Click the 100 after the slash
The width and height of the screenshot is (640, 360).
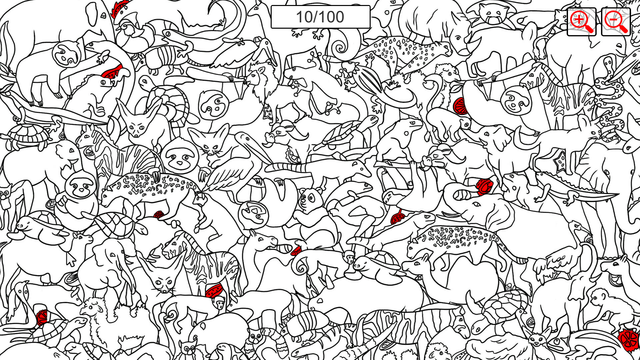click(x=332, y=17)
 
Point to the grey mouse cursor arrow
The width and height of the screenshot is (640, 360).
click(x=71, y=259)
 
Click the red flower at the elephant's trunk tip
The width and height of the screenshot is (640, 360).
click(x=484, y=187)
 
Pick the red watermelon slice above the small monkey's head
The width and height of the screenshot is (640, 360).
click(x=214, y=291)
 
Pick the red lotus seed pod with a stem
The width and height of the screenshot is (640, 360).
click(x=398, y=218)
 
